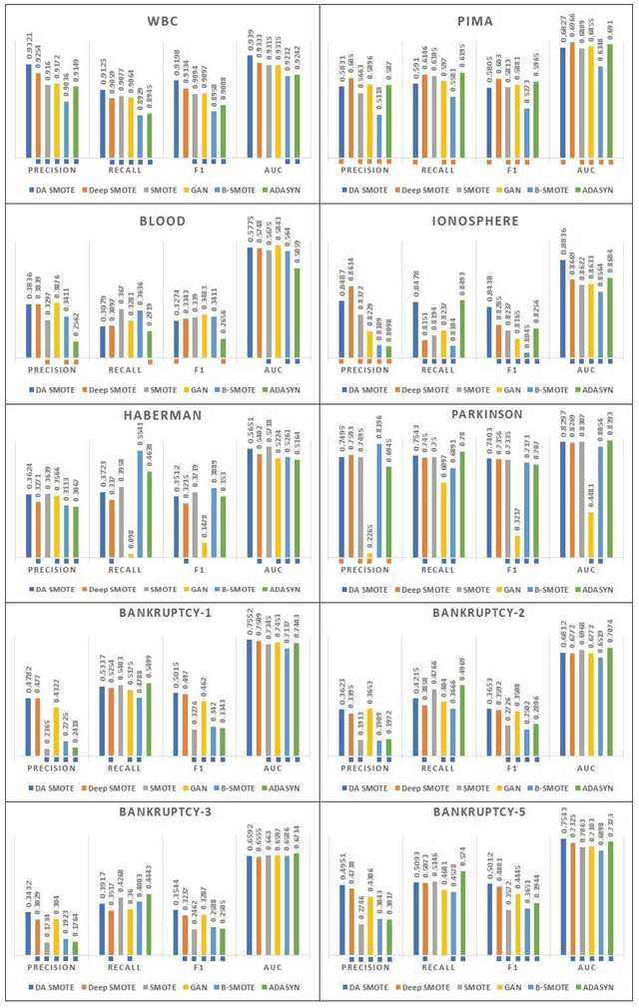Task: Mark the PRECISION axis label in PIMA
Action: [x=364, y=170]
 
